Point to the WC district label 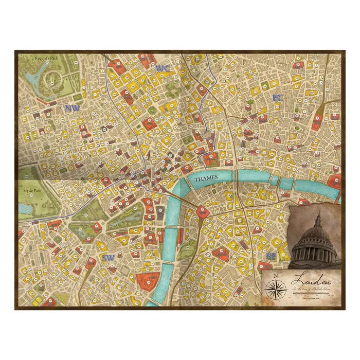(x=162, y=68)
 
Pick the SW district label (x=107, y=257)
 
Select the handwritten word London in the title (x=309, y=281)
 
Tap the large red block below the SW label (x=147, y=281)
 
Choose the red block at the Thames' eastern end (x=335, y=181)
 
